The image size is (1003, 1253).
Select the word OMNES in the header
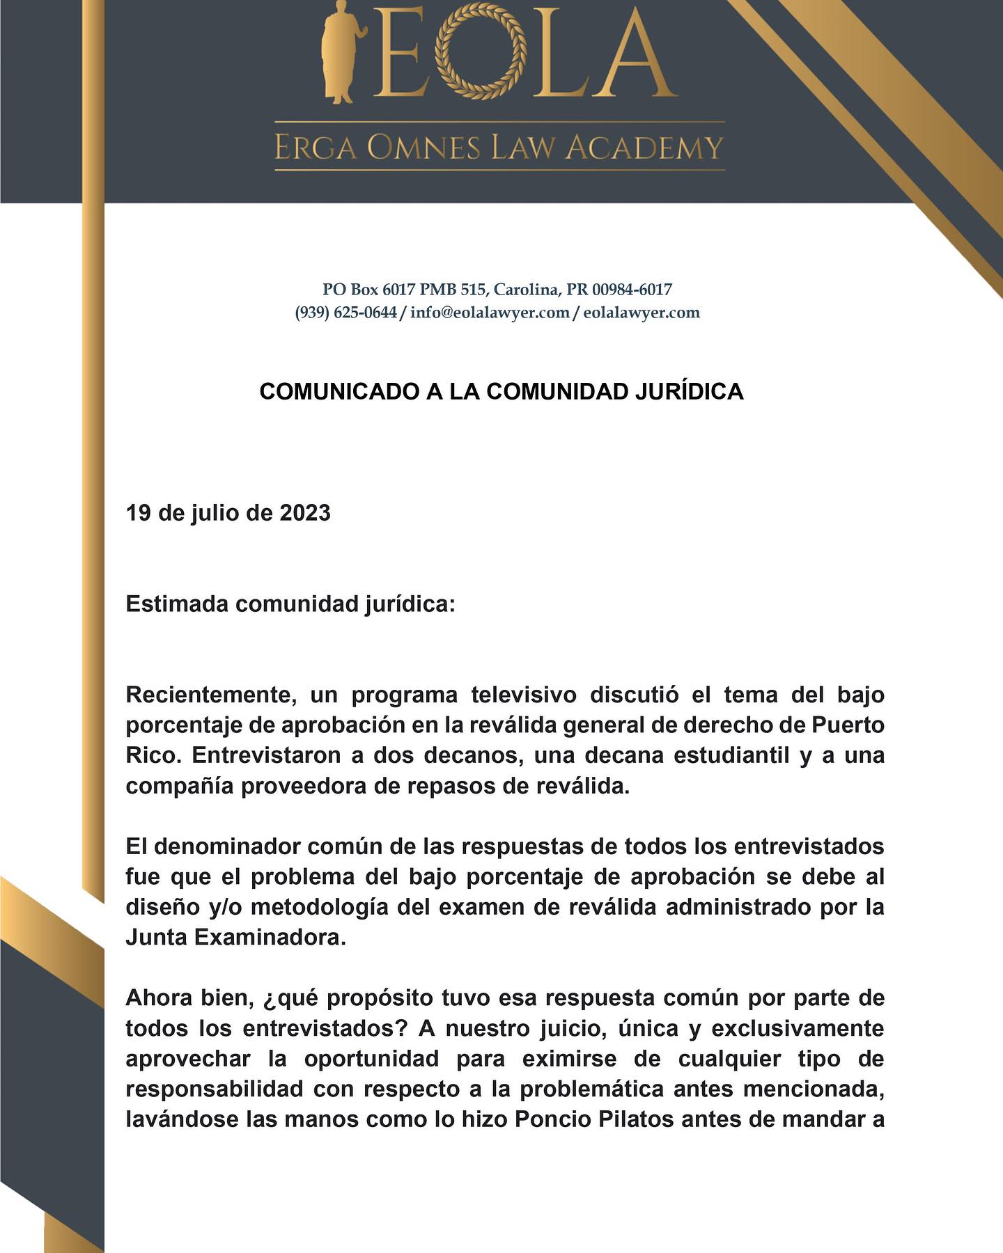[x=425, y=148]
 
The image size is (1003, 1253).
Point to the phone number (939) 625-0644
[x=345, y=313]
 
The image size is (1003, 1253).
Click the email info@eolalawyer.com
[x=490, y=313]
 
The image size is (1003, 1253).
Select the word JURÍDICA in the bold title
[x=690, y=392]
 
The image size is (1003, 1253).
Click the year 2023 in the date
[x=305, y=513]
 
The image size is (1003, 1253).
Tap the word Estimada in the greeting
[x=177, y=604]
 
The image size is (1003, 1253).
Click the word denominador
[x=227, y=846]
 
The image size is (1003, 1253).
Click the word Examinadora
[x=270, y=938]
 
